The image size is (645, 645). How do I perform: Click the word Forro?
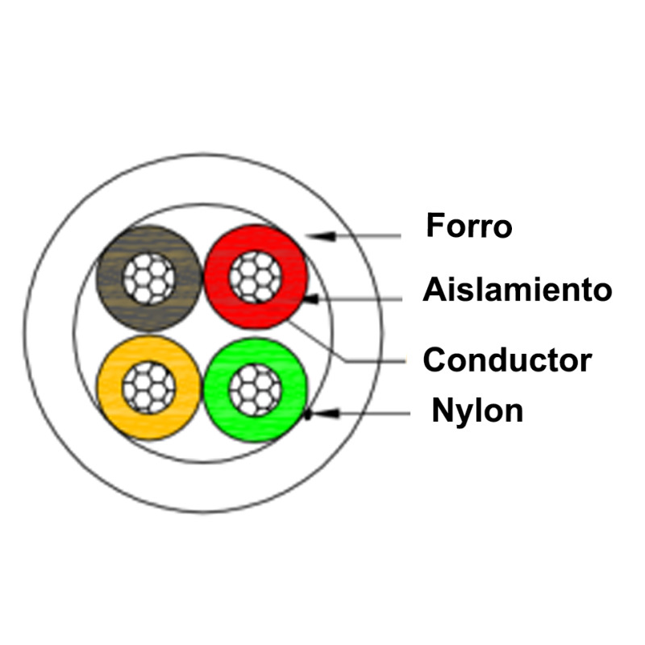468,226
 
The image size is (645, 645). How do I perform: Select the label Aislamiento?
517,289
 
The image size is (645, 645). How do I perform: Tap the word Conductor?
507,360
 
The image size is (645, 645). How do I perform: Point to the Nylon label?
477,410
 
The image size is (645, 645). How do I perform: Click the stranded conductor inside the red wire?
256,277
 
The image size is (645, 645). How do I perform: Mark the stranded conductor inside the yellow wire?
149,388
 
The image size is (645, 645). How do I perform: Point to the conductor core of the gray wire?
149,278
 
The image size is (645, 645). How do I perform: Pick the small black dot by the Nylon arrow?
307,417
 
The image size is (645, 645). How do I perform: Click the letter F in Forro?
434,226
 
